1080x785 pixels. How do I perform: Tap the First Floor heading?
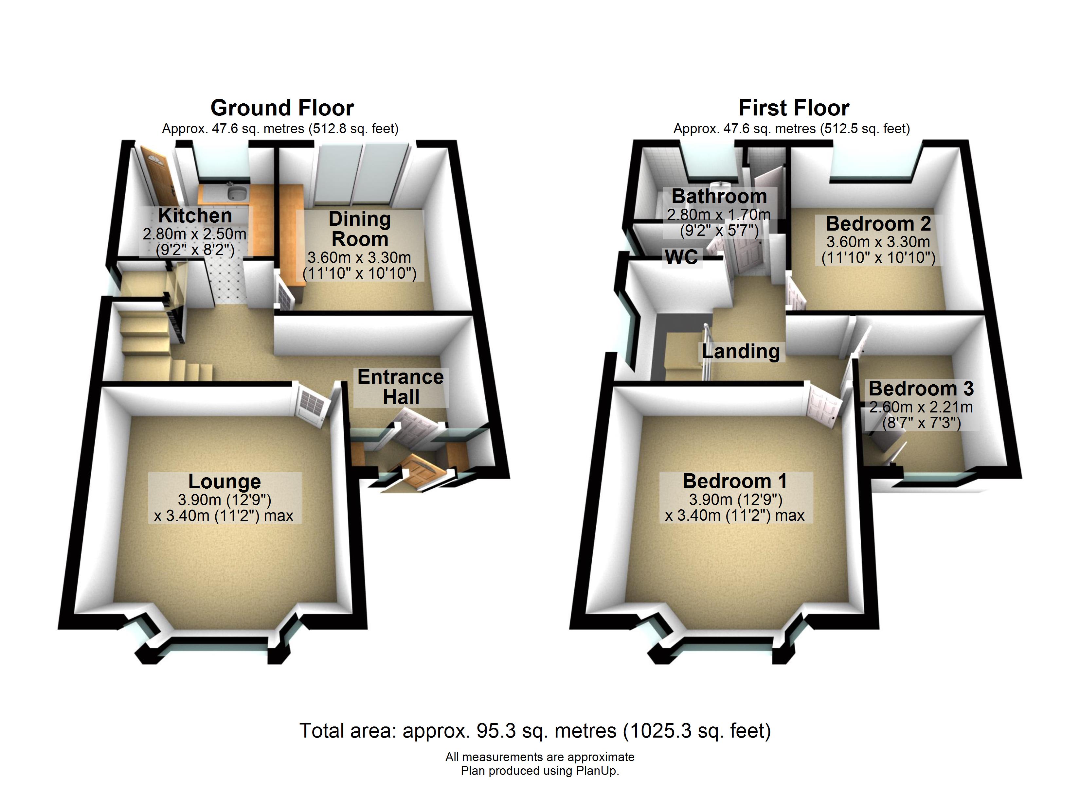tap(794, 108)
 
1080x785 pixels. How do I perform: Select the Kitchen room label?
tap(195, 216)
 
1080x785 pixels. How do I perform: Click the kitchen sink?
tap(237, 193)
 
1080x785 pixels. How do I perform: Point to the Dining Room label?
tap(360, 229)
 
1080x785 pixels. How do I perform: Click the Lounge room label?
tap(225, 481)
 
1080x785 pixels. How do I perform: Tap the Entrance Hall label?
tap(401, 387)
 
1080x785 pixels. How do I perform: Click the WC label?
tap(682, 257)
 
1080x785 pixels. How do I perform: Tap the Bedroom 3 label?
tap(921, 389)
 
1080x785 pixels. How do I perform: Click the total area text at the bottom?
tap(535, 731)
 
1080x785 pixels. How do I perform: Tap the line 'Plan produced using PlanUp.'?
tap(540, 771)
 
